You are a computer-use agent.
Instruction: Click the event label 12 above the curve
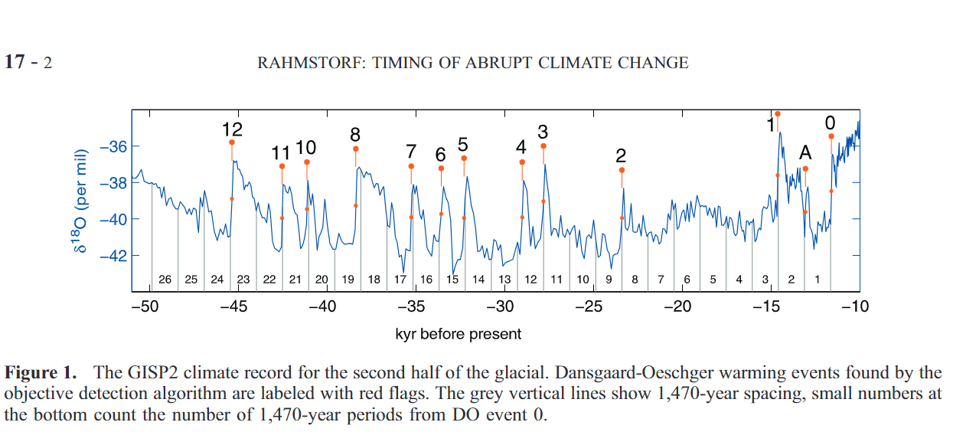click(x=232, y=129)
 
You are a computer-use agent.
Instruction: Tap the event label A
click(x=805, y=153)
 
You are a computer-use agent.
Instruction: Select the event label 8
click(x=355, y=135)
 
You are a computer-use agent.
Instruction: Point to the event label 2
click(x=621, y=156)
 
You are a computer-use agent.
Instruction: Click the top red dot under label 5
click(x=464, y=159)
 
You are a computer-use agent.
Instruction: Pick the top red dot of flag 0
click(x=831, y=136)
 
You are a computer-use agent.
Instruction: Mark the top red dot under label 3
click(x=543, y=146)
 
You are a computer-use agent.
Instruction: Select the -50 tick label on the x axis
click(x=144, y=307)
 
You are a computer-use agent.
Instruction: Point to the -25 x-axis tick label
click(x=588, y=307)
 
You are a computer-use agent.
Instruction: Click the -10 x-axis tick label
click(x=854, y=307)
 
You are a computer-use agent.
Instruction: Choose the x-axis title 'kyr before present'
click(x=459, y=334)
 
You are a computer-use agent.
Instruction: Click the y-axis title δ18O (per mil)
click(x=83, y=201)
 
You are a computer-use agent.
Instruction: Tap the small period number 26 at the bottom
click(x=165, y=280)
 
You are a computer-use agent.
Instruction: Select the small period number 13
click(x=504, y=280)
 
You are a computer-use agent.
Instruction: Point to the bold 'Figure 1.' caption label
click(x=41, y=373)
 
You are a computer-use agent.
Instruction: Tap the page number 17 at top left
click(x=15, y=63)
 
